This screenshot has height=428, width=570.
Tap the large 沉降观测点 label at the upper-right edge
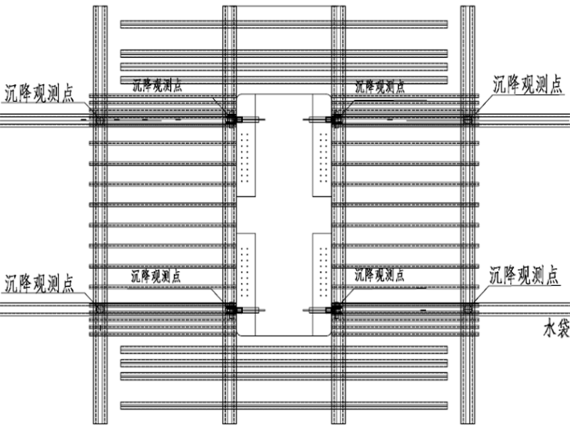coord(526,84)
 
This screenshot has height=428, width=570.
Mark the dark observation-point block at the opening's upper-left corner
coord(231,118)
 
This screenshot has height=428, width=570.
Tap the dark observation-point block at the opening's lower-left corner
coord(231,308)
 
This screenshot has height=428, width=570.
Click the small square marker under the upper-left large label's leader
coord(100,119)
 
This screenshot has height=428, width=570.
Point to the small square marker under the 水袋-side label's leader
coord(469,308)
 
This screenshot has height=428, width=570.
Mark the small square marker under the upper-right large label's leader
coord(469,119)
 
